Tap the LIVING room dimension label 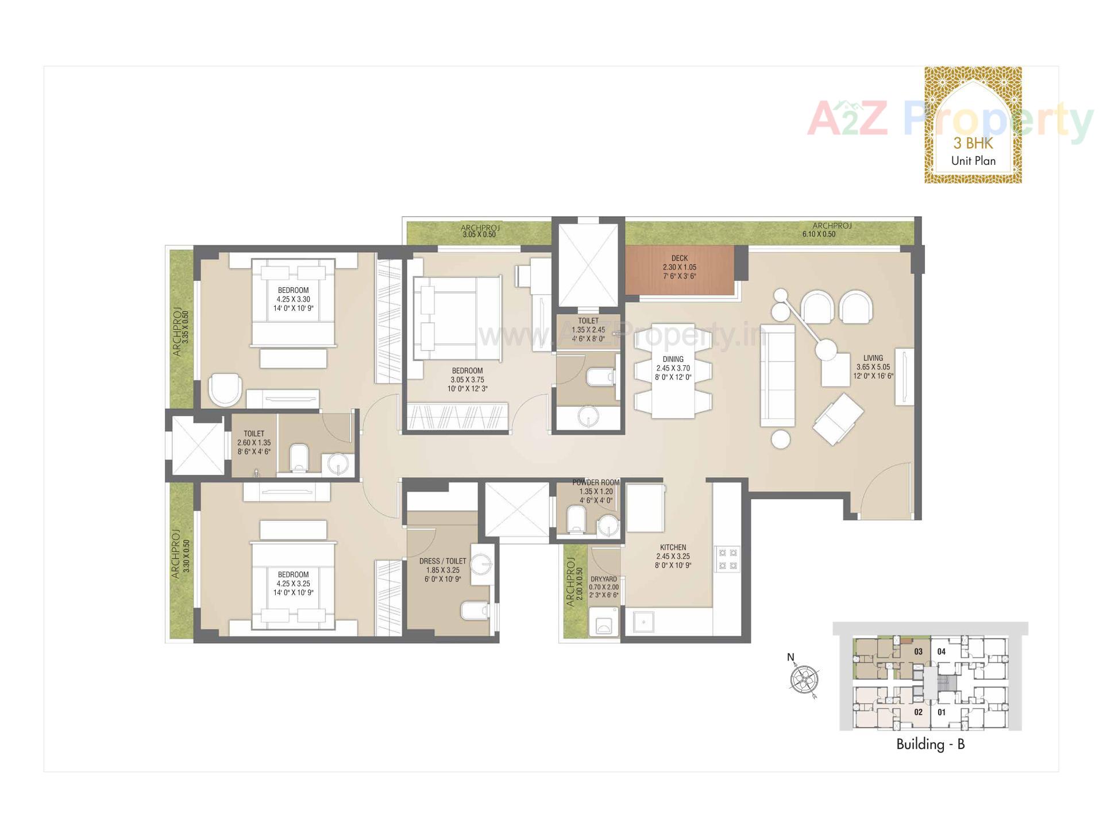point(873,367)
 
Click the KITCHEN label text point(673,547)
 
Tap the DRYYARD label point(604,580)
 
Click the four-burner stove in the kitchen point(727,559)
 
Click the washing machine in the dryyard point(603,625)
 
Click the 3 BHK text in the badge point(973,142)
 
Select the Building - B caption point(930,744)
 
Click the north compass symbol point(804,679)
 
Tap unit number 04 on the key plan point(941,651)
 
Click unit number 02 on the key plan point(918,712)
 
